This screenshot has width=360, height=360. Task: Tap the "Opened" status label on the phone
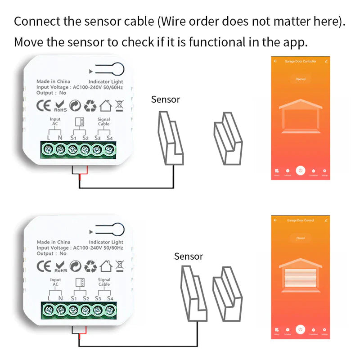coord(300,79)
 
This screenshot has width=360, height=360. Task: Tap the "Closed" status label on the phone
coord(300,238)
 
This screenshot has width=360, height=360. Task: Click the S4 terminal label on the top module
coord(109,138)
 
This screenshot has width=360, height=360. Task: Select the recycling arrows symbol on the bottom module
coord(91,266)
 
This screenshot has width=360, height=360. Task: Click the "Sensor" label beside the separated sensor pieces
coord(166,99)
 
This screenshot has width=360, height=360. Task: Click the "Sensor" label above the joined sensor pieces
coord(189,256)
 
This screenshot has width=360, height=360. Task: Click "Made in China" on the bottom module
coord(54,242)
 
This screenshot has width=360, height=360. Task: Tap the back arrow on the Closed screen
coord(275,220)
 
